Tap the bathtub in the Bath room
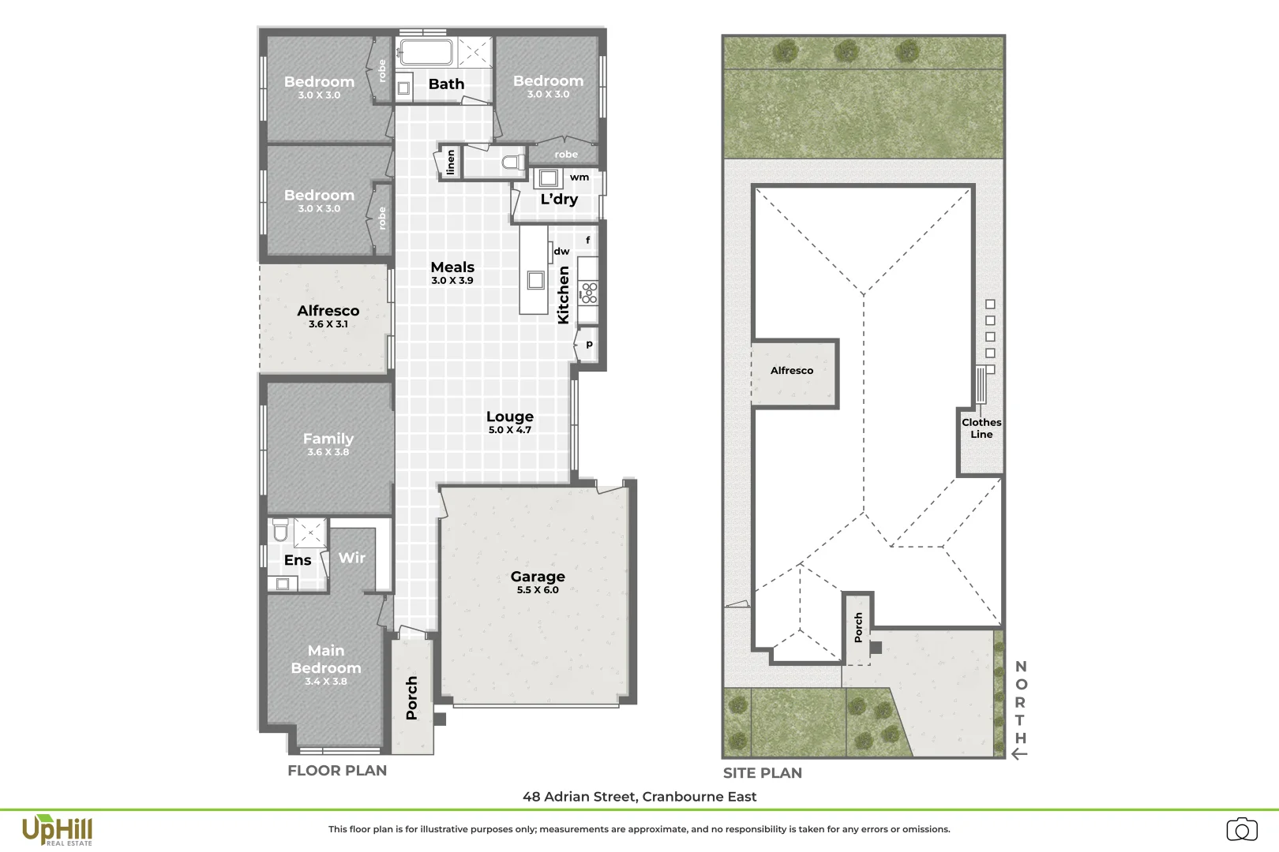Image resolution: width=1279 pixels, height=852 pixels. [425, 53]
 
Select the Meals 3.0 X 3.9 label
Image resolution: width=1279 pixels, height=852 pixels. [452, 272]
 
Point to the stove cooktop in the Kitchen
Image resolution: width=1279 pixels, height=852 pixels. [588, 293]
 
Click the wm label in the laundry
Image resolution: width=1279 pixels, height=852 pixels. [579, 177]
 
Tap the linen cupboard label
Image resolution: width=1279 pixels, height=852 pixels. [450, 163]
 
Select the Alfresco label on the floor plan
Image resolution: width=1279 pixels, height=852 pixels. [328, 316]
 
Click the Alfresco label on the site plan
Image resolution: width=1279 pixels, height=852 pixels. [792, 371]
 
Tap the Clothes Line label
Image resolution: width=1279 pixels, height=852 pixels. [981, 428]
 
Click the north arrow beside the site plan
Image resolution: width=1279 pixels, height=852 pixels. [1019, 753]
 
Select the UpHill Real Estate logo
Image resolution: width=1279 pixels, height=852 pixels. [57, 831]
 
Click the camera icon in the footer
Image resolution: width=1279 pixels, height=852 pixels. [1242, 829]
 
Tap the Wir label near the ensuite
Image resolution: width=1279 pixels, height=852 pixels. [352, 558]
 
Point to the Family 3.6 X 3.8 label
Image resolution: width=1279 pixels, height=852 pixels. [328, 443]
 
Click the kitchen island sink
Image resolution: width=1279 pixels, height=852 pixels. [536, 279]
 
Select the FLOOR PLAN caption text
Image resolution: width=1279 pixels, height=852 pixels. [337, 771]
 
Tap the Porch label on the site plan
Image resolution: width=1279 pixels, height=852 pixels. [859, 627]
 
